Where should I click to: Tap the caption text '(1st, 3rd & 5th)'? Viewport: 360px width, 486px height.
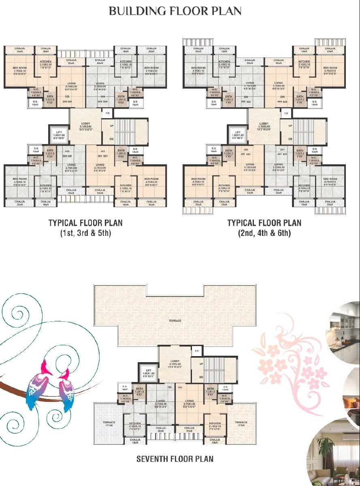click(85, 233)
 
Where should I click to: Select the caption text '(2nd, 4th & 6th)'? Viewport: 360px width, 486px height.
click(264, 233)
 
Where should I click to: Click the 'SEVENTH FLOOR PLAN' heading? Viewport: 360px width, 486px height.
click(175, 459)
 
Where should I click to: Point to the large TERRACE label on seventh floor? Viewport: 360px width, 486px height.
click(175, 320)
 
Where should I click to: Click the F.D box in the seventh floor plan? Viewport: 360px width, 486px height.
click(197, 350)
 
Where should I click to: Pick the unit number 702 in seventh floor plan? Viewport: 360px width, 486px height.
click(170, 387)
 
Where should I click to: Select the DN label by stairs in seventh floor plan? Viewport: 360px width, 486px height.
click(201, 377)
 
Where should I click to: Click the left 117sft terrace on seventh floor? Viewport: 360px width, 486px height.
click(109, 424)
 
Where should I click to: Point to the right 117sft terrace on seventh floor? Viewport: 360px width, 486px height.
click(241, 424)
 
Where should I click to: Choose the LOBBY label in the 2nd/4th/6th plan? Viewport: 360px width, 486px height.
click(264, 124)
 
